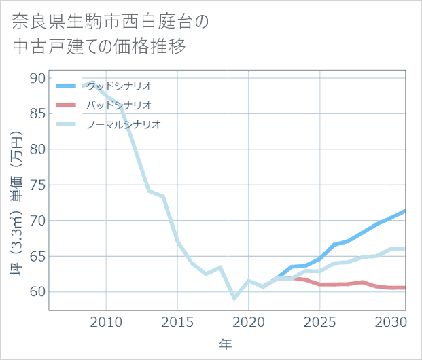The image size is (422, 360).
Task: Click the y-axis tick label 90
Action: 38,78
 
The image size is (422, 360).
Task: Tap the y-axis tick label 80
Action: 38,149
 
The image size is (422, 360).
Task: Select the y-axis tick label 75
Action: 38,185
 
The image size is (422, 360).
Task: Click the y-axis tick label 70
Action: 38,221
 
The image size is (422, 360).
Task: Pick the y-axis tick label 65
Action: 38,256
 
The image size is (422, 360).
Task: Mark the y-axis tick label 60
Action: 38,292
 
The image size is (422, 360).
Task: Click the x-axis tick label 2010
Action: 106,320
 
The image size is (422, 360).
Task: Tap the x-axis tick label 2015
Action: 177,320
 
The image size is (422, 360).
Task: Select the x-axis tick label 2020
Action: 248,320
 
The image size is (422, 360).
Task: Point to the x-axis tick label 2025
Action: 319,320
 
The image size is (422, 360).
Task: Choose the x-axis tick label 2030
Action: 390,320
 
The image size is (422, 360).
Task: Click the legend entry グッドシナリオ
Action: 118,86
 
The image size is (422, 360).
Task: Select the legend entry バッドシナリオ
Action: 118,105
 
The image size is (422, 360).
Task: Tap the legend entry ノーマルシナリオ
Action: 123,124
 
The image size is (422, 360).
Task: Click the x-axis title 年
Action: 226,344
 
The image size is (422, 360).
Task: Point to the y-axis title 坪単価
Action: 18,203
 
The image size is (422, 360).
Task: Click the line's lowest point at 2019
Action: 234,298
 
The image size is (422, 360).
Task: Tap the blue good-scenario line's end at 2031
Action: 404,211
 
